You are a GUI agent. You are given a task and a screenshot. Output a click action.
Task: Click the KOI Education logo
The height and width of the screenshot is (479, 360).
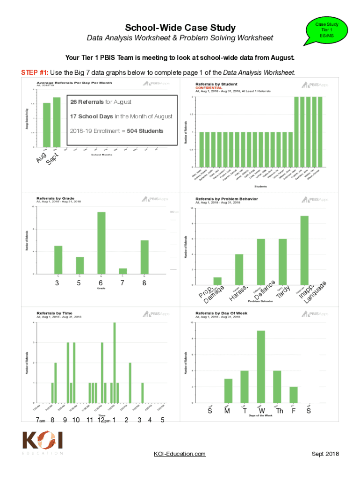coord(43,443)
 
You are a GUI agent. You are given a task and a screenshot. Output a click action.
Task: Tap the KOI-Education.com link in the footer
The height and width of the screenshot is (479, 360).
coord(180,454)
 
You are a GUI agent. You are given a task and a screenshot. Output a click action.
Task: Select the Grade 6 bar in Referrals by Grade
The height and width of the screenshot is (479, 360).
coord(101,243)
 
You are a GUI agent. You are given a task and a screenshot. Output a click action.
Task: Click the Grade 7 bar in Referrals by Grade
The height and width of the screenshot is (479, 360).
coord(122,271)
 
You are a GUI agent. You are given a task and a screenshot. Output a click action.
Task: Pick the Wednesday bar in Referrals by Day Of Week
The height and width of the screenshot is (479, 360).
coord(261,366)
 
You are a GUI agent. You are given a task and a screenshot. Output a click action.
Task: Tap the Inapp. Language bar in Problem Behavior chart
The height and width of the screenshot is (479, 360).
coord(304,250)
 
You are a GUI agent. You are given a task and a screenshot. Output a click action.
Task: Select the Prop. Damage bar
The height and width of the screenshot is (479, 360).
coord(217,281)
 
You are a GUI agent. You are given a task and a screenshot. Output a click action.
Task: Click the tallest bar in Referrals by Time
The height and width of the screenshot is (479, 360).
coord(115,362)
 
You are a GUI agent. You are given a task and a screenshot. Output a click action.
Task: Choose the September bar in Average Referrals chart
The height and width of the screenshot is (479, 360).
coord(57,122)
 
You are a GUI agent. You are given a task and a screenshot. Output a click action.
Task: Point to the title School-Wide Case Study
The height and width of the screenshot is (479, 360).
coord(180,28)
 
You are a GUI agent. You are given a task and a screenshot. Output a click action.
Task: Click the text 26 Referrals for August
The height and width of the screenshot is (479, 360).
coord(101,102)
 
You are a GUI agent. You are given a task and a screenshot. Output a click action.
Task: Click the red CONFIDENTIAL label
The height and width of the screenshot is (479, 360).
coord(209,87)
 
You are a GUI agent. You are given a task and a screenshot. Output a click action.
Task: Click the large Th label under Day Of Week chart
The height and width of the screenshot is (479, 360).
coord(279,411)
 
